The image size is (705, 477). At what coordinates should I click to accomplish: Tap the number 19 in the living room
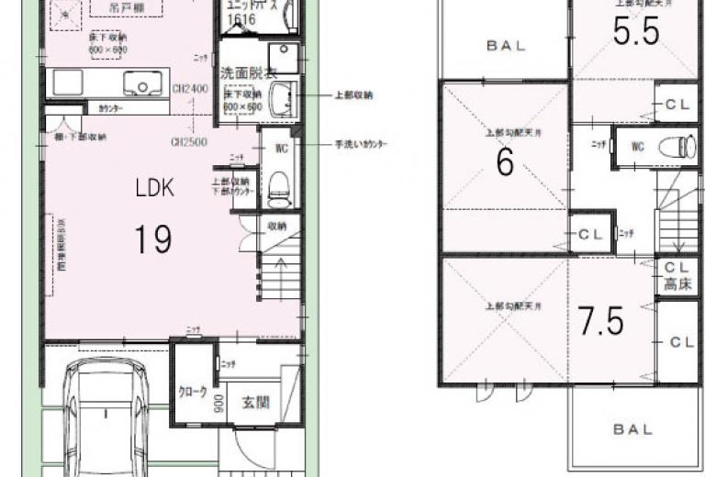(x=152, y=239)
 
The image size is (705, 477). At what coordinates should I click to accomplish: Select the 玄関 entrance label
(x=257, y=402)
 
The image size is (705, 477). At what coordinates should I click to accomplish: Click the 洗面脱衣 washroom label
(x=243, y=72)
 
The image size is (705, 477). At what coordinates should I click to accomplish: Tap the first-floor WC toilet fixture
(x=279, y=188)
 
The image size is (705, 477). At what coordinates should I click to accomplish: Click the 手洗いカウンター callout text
(x=361, y=144)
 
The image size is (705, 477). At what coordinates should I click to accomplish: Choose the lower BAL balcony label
(x=633, y=428)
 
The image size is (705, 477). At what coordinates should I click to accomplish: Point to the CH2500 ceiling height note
(x=188, y=142)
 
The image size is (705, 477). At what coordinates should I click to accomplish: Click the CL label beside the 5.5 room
(x=678, y=105)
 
